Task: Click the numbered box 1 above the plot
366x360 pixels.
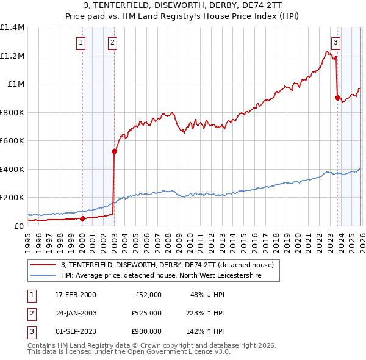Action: (82, 42)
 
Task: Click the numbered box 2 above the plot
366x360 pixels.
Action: (113, 42)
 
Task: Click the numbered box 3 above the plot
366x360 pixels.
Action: (336, 42)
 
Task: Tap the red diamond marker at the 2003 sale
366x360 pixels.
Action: (114, 152)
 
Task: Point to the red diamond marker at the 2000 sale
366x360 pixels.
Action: (82, 218)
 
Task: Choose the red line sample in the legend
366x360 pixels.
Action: (43, 265)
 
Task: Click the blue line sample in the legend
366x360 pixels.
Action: (43, 276)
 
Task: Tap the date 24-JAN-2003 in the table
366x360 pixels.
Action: (76, 314)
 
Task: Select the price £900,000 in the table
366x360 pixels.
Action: (146, 333)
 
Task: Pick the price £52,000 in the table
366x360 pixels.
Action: (148, 295)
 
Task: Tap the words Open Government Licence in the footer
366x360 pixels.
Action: (175, 352)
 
